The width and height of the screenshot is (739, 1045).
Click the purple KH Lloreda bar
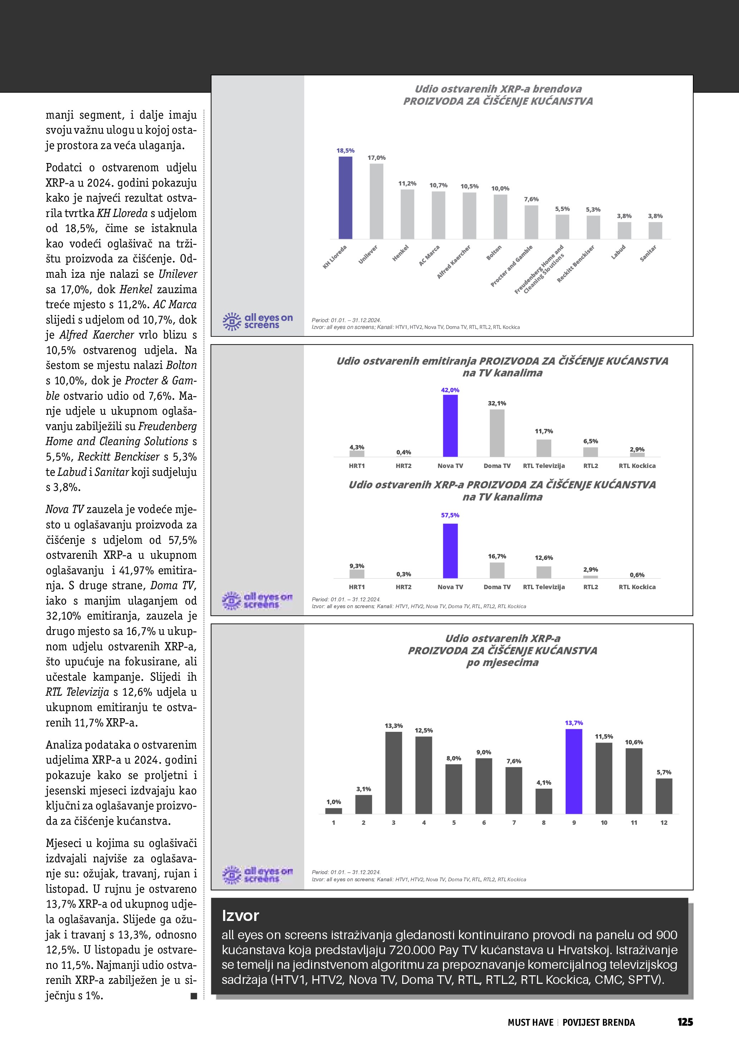(x=345, y=198)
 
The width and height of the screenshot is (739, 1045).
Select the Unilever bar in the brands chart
(x=376, y=201)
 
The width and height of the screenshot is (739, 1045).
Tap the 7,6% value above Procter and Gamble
(x=531, y=199)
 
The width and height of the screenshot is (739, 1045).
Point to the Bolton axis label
(x=494, y=253)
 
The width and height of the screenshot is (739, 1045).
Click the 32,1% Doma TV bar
(x=497, y=433)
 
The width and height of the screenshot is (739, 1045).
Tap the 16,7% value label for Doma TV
(x=497, y=556)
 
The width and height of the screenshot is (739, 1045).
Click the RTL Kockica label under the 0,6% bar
(x=637, y=587)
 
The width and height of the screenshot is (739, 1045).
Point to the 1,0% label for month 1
(x=334, y=802)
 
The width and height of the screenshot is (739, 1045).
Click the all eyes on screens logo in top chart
(x=257, y=321)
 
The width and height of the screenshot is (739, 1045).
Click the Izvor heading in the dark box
(x=240, y=916)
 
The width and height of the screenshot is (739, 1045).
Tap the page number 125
(x=685, y=1022)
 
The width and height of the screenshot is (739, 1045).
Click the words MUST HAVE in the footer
(x=531, y=1023)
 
